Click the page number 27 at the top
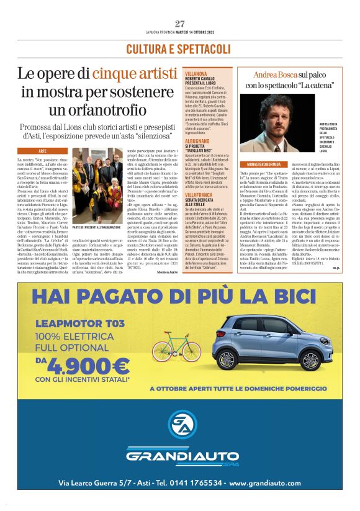click(x=180, y=24)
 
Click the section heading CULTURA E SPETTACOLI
click(x=179, y=49)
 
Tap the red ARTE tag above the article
click(x=43, y=151)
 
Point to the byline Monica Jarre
click(x=164, y=272)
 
